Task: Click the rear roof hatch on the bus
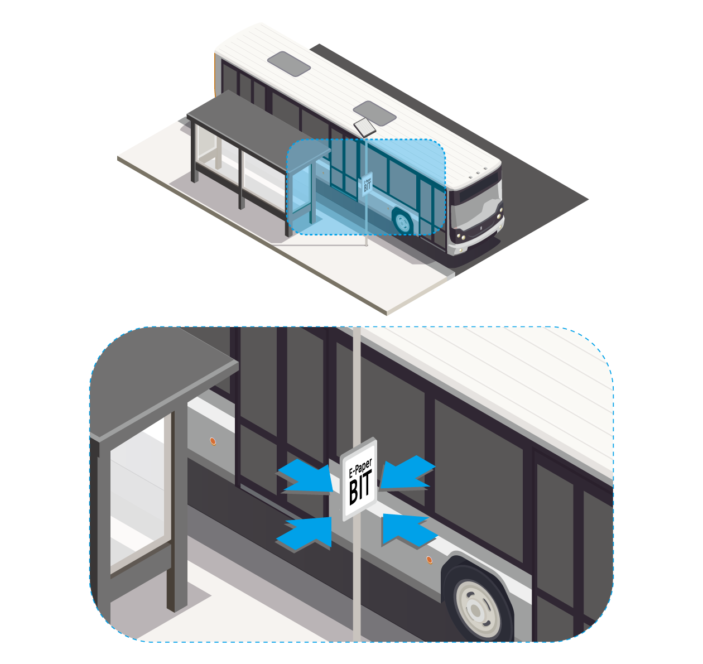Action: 288,64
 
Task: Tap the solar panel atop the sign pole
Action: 364,127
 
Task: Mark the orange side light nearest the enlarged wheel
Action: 429,559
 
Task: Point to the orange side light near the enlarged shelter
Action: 212,441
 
